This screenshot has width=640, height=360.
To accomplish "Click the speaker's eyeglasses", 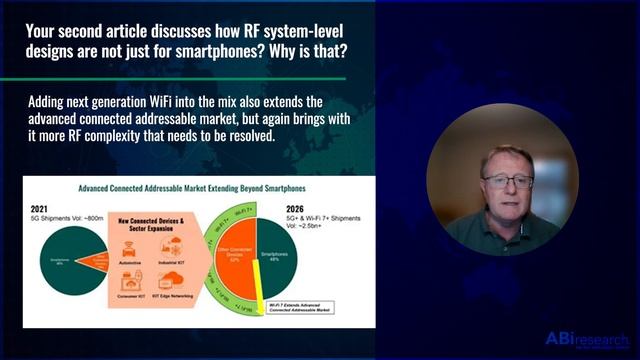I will tap(506, 181).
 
